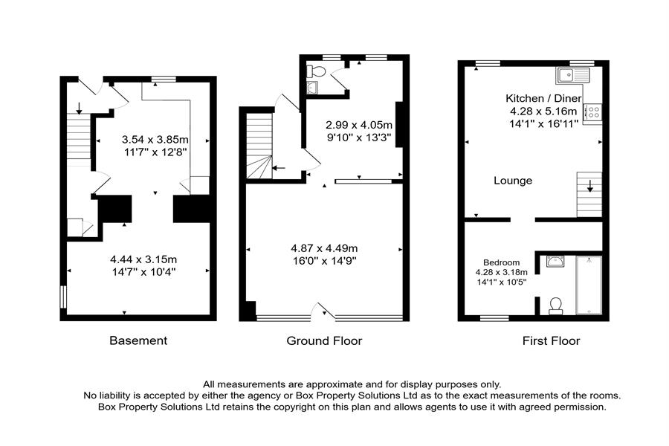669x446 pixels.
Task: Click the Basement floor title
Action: point(138,340)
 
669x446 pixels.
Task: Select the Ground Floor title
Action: point(324,340)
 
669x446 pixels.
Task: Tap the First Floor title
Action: point(550,340)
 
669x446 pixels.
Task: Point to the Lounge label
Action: point(514,181)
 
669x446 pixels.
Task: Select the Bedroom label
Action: point(501,262)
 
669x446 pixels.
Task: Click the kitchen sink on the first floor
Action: point(572,74)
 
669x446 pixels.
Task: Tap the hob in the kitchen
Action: point(594,113)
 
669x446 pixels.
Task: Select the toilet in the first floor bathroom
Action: point(554,306)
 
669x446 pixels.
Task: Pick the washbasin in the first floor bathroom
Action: point(555,260)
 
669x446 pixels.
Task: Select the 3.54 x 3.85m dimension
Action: point(155,139)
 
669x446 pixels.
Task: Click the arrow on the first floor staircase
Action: point(590,185)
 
